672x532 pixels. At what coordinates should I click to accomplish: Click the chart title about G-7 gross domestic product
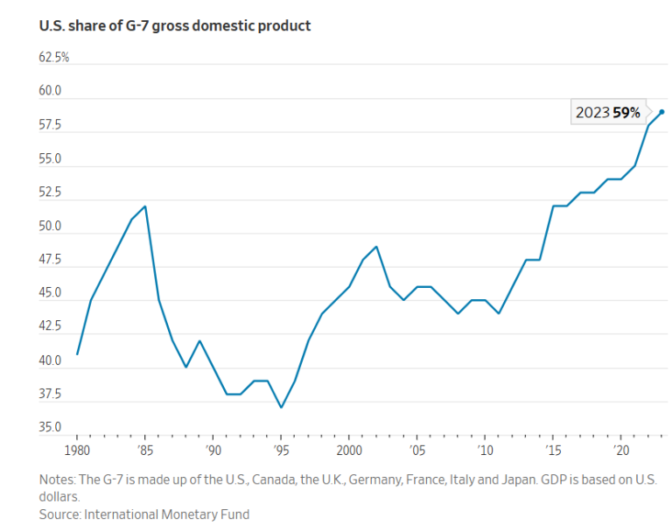pos(175,25)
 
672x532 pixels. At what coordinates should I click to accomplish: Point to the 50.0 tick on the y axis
pos(51,227)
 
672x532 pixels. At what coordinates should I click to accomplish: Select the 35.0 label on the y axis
pos(51,428)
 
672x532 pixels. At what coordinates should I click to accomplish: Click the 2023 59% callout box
pos(608,113)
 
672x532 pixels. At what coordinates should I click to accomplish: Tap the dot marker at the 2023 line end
pos(661,112)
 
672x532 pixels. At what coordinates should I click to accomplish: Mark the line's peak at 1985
pos(145,206)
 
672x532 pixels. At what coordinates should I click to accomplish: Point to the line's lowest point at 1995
pos(281,408)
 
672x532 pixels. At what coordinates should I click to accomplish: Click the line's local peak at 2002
pos(376,247)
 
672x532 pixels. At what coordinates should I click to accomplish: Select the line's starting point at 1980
pos(77,353)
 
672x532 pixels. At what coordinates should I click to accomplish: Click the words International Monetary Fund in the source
pos(166,514)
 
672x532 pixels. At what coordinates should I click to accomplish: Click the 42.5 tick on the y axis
pos(51,326)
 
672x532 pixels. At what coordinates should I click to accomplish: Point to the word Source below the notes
pos(59,514)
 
